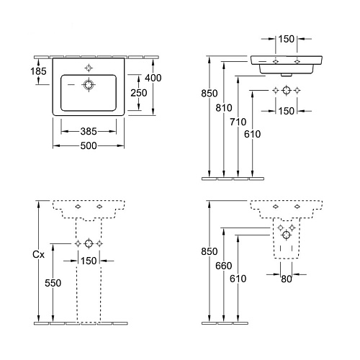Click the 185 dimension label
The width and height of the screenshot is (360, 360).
point(38,71)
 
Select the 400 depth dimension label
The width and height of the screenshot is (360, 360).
point(153,78)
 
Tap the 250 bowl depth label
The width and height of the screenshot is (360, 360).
point(139,93)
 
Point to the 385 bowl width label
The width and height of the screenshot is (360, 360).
point(89,131)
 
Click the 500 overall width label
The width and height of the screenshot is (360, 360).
point(89,145)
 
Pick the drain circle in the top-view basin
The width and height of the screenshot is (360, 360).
point(89,85)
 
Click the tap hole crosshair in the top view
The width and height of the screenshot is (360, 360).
point(89,68)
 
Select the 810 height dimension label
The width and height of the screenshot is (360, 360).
point(224,108)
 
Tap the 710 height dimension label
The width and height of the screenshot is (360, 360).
point(238,122)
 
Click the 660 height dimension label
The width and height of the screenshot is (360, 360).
point(224,266)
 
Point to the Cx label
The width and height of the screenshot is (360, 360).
point(38,254)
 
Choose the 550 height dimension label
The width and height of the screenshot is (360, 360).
point(53,283)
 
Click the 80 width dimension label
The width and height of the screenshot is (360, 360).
point(287,279)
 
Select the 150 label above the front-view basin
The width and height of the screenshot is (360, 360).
point(287,39)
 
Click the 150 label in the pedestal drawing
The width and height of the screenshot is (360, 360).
point(89,261)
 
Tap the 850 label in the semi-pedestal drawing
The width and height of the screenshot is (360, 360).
point(210,251)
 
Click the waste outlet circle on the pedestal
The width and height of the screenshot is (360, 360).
point(89,243)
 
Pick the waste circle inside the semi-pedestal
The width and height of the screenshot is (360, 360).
point(287,235)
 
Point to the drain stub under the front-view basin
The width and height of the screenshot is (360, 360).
point(287,75)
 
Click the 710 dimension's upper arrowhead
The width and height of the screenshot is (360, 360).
point(238,79)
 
